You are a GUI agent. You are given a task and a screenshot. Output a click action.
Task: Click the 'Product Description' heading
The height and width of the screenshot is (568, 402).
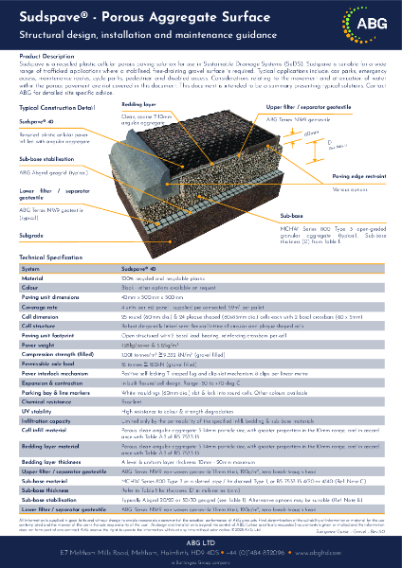click(x=46, y=57)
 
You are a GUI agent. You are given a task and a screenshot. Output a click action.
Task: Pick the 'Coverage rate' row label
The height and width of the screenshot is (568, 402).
click(x=40, y=306)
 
